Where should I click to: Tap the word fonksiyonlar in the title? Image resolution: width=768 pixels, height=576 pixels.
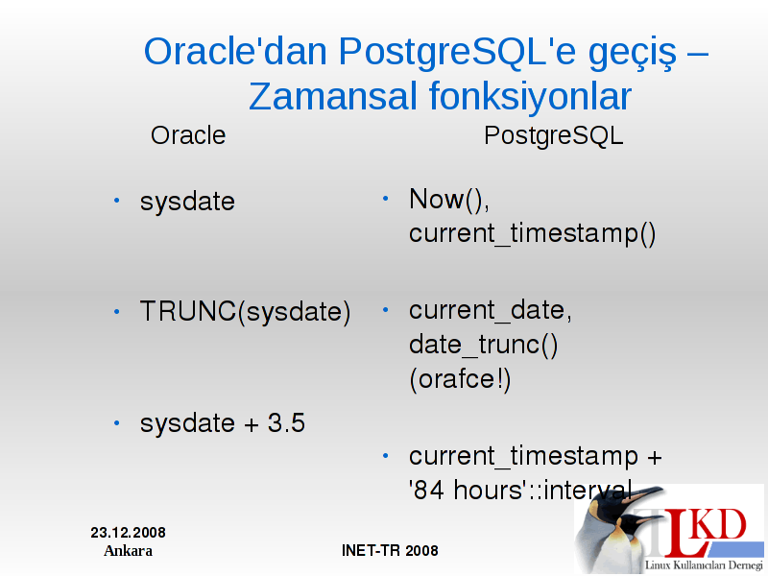click(x=531, y=98)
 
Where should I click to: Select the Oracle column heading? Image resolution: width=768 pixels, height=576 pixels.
click(x=188, y=135)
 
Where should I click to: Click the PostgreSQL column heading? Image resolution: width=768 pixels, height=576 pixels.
click(x=554, y=136)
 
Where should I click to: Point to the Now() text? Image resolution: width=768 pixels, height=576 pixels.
click(x=448, y=200)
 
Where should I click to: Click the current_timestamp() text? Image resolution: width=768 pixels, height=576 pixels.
click(x=533, y=233)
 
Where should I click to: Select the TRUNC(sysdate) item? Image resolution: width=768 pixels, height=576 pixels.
click(x=246, y=312)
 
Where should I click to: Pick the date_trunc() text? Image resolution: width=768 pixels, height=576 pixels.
click(x=484, y=345)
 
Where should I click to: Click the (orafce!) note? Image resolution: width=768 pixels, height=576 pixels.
click(x=460, y=379)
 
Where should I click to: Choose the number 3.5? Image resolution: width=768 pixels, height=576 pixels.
click(x=286, y=422)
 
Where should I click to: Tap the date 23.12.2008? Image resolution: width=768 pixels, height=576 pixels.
click(x=129, y=533)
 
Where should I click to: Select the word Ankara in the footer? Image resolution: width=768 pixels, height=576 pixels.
click(x=129, y=551)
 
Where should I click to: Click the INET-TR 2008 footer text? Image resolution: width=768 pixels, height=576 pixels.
click(x=390, y=550)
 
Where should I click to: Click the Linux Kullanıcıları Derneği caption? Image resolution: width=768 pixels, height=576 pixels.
click(x=704, y=565)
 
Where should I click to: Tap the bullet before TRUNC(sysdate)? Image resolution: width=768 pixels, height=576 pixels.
click(x=116, y=311)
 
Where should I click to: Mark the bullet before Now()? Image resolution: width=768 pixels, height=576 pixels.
click(x=386, y=199)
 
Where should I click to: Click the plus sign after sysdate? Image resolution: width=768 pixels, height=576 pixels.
click(x=252, y=424)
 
